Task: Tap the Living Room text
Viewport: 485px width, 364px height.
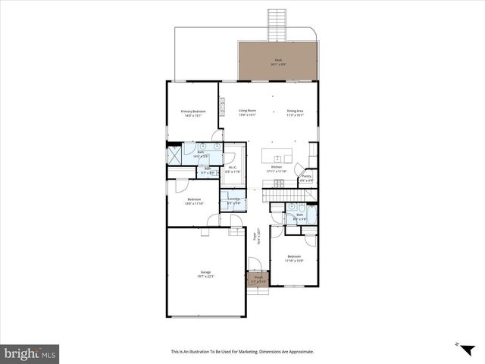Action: pyautogui.click(x=247, y=112)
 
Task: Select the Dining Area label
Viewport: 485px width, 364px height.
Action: pyautogui.click(x=295, y=112)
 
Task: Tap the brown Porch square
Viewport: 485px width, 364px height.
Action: pyautogui.click(x=258, y=279)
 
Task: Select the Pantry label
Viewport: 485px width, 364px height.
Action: pyautogui.click(x=306, y=178)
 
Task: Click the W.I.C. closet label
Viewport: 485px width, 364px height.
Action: pyautogui.click(x=233, y=170)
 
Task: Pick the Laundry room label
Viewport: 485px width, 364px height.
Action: pyautogui.click(x=234, y=201)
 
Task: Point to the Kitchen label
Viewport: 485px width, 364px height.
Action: pyautogui.click(x=277, y=168)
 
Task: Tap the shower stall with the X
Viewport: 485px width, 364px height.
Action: pyautogui.click(x=174, y=155)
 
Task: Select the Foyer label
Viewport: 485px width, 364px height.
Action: pyautogui.click(x=258, y=236)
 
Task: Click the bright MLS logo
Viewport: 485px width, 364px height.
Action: pyautogui.click(x=30, y=353)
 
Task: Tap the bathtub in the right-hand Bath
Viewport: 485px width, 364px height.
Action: pyautogui.click(x=312, y=215)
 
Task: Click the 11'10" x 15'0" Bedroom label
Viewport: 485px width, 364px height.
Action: pyautogui.click(x=294, y=258)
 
